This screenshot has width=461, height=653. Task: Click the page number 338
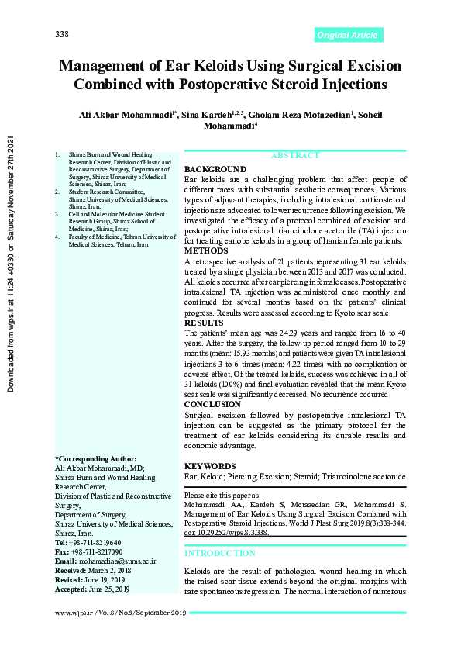(x=63, y=34)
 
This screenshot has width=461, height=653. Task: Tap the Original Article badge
(x=349, y=35)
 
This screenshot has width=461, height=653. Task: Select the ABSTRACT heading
(x=294, y=156)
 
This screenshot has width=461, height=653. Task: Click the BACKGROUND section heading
(x=215, y=169)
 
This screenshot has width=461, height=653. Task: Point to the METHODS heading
(x=205, y=251)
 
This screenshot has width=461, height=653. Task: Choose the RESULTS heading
(x=203, y=322)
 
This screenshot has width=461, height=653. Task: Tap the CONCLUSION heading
(x=212, y=404)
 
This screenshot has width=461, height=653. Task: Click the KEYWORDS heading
(x=210, y=466)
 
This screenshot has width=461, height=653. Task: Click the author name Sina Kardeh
(x=223, y=115)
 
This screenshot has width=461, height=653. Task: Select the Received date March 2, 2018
(x=108, y=570)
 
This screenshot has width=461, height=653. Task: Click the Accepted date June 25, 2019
(x=110, y=589)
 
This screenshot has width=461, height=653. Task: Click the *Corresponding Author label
(x=96, y=459)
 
